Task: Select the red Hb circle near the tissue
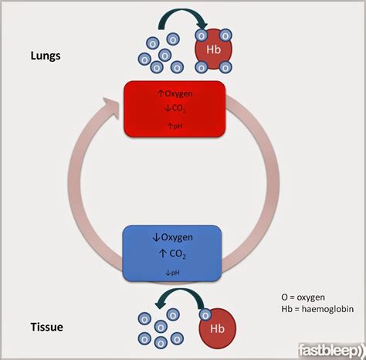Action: coord(219,328)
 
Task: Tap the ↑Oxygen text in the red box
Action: coord(175,94)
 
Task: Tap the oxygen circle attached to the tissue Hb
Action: coord(205,314)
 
